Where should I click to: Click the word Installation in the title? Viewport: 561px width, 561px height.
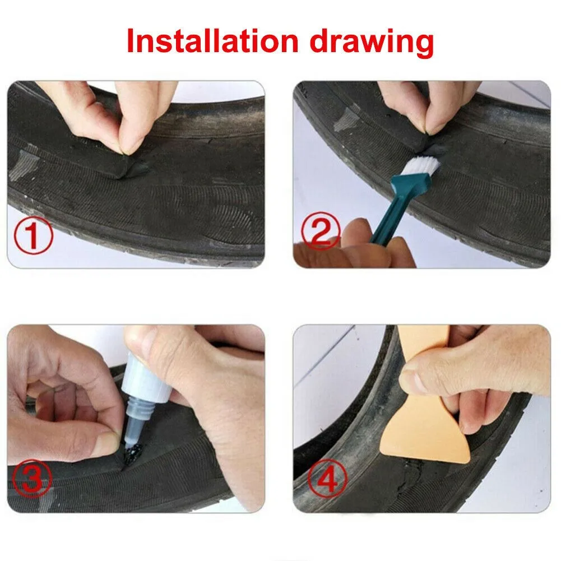[x=210, y=42]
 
